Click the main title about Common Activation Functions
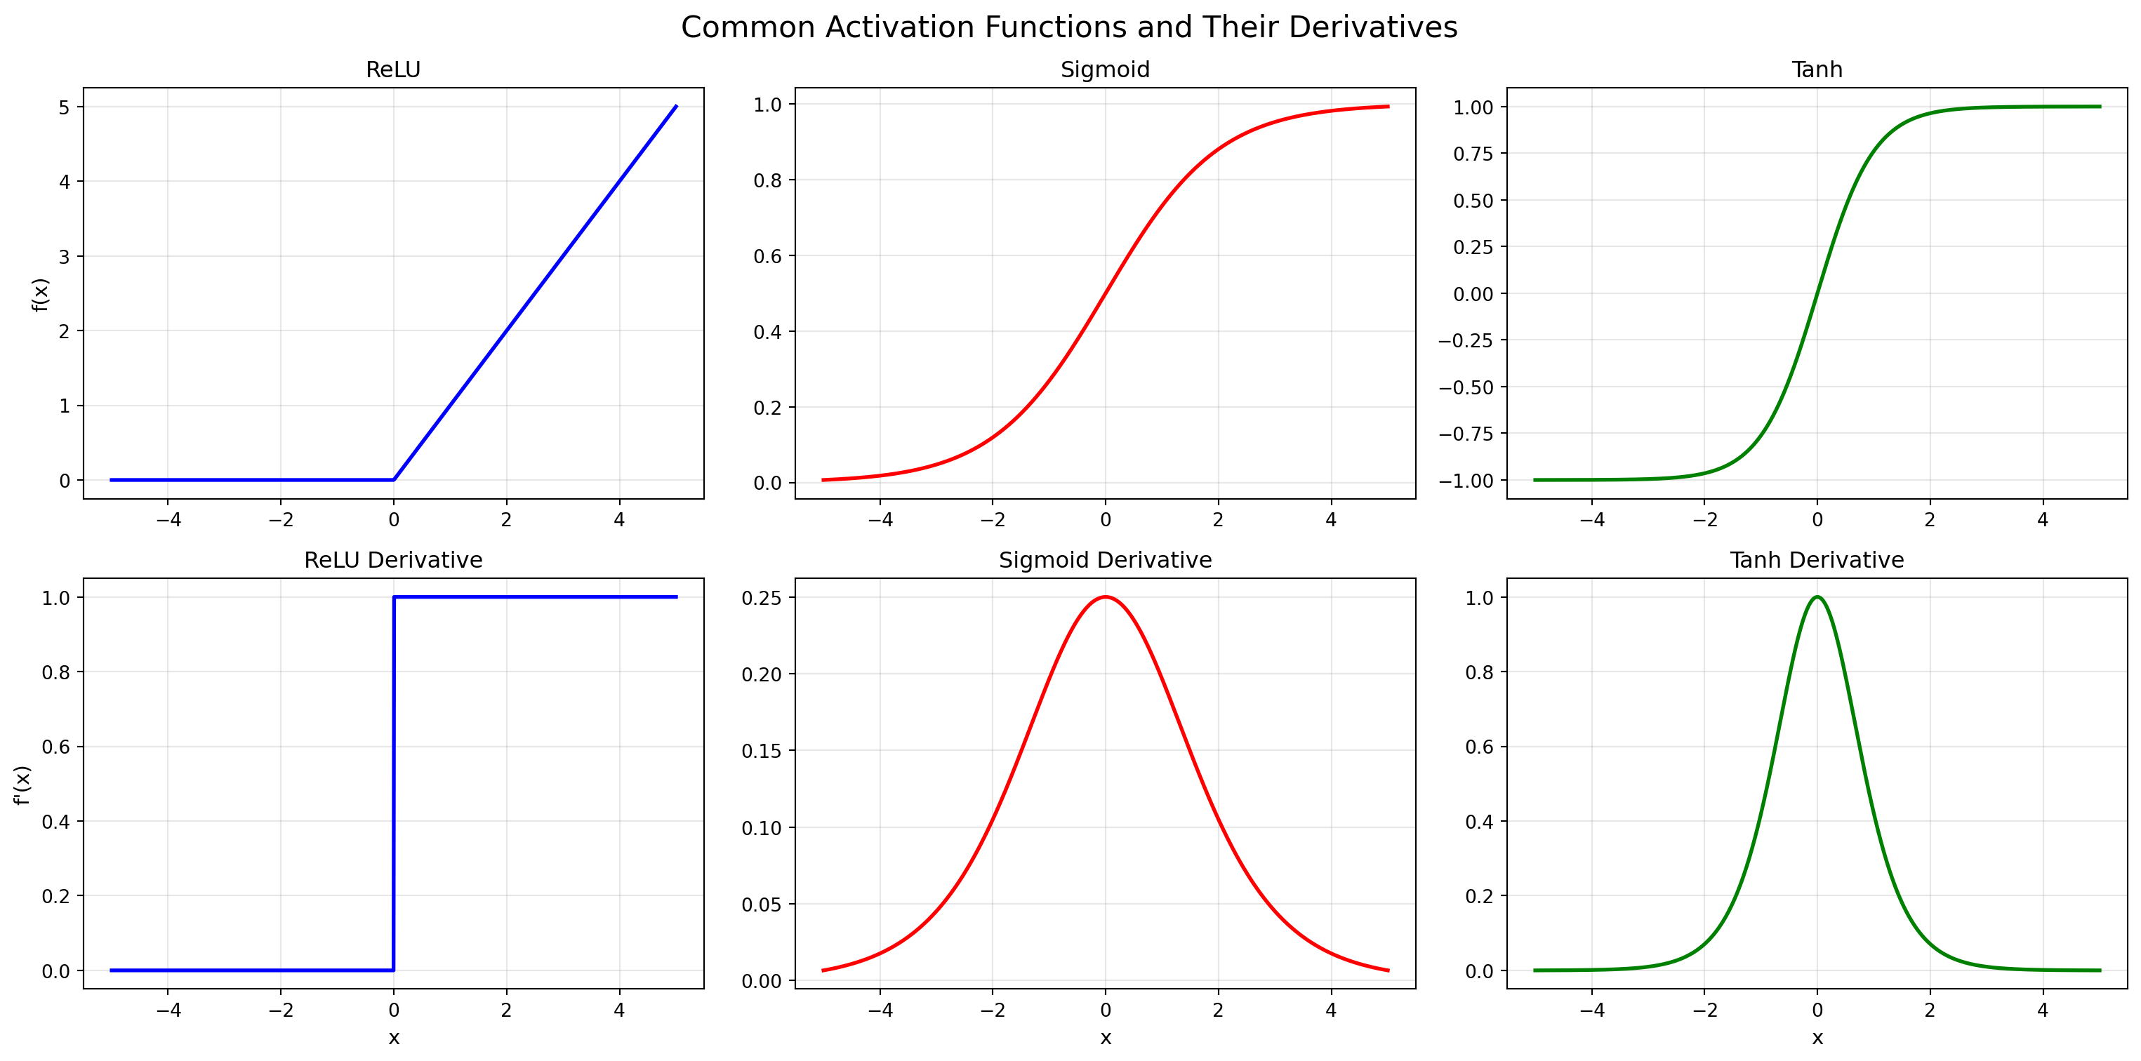point(1069,27)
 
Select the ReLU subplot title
point(393,69)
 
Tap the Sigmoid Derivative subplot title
point(1105,560)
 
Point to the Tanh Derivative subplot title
point(1817,560)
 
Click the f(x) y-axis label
point(41,294)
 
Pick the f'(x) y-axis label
point(22,785)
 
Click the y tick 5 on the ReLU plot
point(65,107)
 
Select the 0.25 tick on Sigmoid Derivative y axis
point(762,597)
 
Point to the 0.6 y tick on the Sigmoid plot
point(767,256)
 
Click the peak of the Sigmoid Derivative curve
point(1105,596)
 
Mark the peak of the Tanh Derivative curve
point(1817,596)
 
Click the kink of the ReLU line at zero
point(393,479)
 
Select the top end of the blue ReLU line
point(676,107)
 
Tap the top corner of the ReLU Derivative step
point(394,596)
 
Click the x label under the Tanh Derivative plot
point(1817,1038)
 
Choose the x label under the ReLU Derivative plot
point(393,1038)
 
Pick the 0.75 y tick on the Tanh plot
point(1473,154)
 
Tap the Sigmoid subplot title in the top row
point(1105,69)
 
